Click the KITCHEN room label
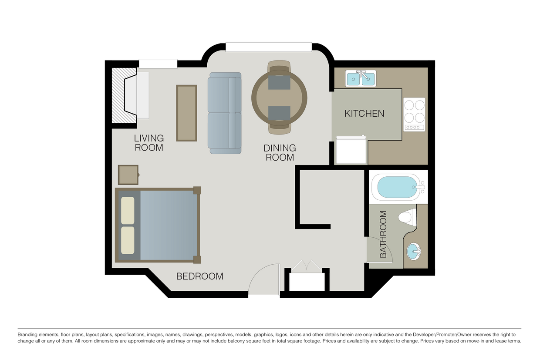pyautogui.click(x=364, y=114)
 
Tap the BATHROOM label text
pyautogui.click(x=383, y=234)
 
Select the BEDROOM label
pyautogui.click(x=199, y=276)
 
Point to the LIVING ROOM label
pyautogui.click(x=149, y=143)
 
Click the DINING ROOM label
pyautogui.click(x=280, y=153)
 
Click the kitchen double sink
pyautogui.click(x=361, y=78)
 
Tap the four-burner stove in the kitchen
pyautogui.click(x=415, y=114)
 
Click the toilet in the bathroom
pyautogui.click(x=407, y=217)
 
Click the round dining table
pyautogui.click(x=279, y=98)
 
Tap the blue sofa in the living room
pyautogui.click(x=225, y=113)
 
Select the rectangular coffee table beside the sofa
pyautogui.click(x=186, y=113)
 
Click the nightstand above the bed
pyautogui.click(x=128, y=175)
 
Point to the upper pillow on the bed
pyautogui.click(x=128, y=211)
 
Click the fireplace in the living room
pyautogui.click(x=130, y=95)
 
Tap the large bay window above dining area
pyautogui.click(x=269, y=47)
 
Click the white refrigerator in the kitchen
pyautogui.click(x=351, y=150)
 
